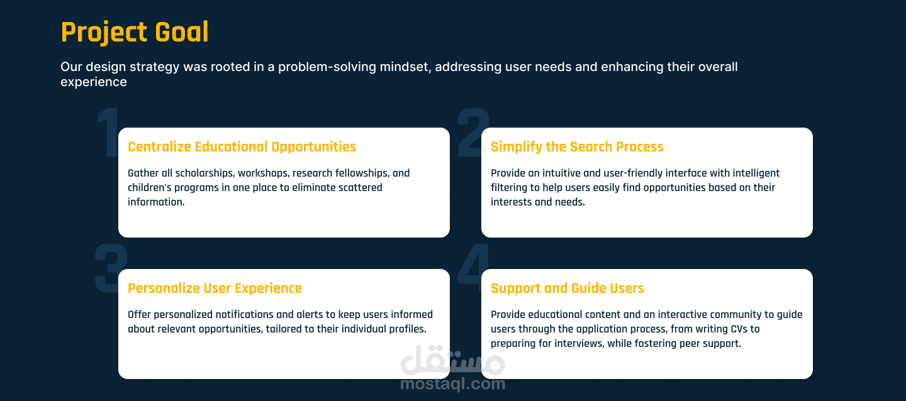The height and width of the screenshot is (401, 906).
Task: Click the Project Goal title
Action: pyautogui.click(x=135, y=32)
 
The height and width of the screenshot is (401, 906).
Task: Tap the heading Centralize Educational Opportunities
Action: pyautogui.click(x=242, y=146)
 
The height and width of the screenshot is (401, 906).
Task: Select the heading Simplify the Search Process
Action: pyautogui.click(x=577, y=146)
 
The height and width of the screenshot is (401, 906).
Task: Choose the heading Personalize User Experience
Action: pyautogui.click(x=215, y=288)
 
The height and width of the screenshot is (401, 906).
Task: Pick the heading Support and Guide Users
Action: pyautogui.click(x=567, y=288)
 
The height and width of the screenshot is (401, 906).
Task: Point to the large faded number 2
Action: pyautogui.click(x=473, y=132)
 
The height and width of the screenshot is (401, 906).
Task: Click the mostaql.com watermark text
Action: pyautogui.click(x=452, y=384)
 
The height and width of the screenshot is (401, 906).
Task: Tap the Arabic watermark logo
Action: pyautogui.click(x=452, y=359)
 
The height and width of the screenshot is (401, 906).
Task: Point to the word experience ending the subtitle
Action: pyautogui.click(x=93, y=82)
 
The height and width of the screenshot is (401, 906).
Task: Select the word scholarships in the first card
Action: pyautogui.click(x=204, y=173)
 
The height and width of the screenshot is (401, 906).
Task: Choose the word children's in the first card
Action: pyautogui.click(x=150, y=187)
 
